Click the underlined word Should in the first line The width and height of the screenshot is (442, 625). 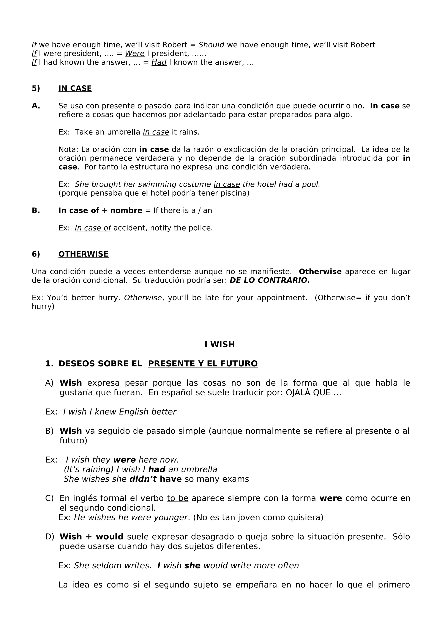click(211, 45)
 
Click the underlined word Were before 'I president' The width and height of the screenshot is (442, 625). click(134, 54)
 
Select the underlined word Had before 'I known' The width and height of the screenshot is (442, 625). click(159, 62)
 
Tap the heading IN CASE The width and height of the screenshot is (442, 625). click(75, 88)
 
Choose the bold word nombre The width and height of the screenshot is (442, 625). click(126, 210)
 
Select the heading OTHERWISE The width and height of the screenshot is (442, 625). click(83, 254)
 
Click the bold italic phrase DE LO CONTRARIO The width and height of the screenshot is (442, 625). click(270, 280)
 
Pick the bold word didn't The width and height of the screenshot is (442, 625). click(143, 479)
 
